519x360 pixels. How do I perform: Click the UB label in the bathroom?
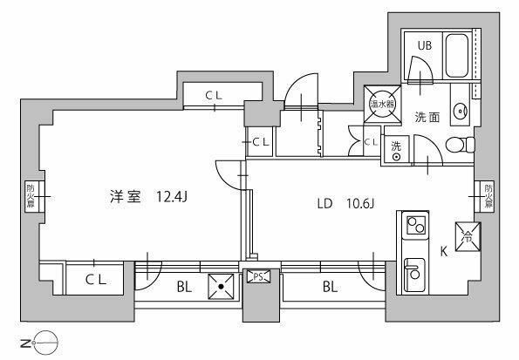(x=424, y=46)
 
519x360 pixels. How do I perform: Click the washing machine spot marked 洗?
(x=396, y=151)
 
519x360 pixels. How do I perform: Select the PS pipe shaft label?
(x=257, y=277)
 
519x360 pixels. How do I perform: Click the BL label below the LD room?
(x=330, y=285)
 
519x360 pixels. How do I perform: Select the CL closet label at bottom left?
(x=96, y=279)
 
